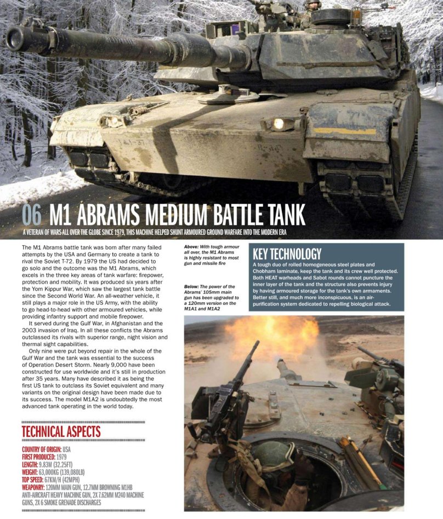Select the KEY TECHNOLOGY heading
point(286,253)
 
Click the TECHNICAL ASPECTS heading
point(61,431)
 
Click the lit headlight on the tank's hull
point(279,124)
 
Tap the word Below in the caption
point(192,286)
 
